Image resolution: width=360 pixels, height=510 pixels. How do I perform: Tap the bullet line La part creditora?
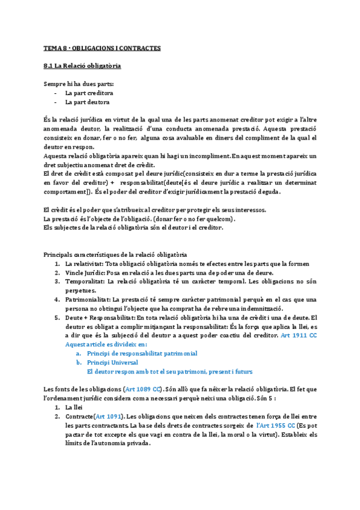(x=89, y=93)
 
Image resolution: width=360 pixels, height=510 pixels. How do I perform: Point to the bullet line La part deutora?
(x=87, y=102)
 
